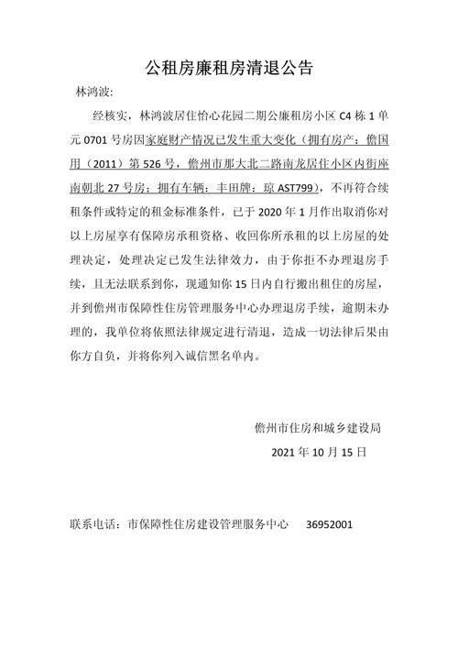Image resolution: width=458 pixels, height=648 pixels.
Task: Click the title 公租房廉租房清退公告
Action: point(229,67)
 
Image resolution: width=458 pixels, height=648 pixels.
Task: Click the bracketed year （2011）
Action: point(112,165)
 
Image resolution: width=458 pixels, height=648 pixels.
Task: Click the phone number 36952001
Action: point(329,525)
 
